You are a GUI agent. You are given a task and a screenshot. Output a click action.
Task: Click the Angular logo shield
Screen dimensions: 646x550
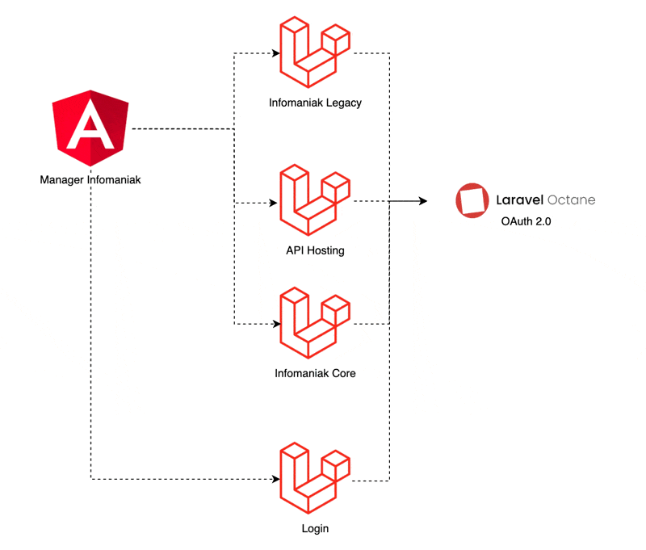click(90, 128)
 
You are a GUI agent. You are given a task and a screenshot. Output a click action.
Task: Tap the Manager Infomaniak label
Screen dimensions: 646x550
click(90, 180)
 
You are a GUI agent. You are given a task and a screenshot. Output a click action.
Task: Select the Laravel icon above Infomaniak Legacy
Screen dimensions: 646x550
click(315, 52)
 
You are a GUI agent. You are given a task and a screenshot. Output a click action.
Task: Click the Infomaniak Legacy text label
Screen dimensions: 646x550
click(315, 103)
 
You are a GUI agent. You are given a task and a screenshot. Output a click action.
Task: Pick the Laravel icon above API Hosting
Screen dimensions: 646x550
click(315, 199)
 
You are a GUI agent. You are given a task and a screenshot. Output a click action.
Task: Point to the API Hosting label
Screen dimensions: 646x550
click(315, 250)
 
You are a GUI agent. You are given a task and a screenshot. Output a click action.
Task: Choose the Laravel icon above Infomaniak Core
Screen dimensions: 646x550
click(315, 322)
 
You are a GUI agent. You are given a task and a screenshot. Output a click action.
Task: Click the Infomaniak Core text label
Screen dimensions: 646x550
click(315, 373)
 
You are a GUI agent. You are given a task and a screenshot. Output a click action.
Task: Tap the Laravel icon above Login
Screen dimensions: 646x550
click(315, 478)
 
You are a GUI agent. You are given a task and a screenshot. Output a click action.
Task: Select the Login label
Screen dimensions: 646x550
click(315, 528)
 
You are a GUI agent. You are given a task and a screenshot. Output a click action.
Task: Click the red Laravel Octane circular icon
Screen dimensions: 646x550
click(472, 200)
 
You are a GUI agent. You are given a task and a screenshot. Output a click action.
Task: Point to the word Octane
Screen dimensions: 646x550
click(572, 199)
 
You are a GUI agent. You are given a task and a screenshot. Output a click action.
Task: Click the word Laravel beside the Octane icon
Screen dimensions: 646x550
click(519, 199)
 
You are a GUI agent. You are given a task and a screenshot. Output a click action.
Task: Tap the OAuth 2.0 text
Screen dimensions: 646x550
click(526, 221)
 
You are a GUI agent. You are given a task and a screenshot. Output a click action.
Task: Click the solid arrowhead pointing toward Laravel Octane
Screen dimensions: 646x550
click(423, 201)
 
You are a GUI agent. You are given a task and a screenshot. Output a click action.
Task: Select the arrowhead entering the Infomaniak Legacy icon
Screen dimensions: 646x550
click(276, 53)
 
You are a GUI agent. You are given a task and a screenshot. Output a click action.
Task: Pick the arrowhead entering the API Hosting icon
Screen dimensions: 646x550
click(273, 203)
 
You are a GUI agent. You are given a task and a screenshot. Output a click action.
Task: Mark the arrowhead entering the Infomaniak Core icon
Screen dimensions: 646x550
click(277, 324)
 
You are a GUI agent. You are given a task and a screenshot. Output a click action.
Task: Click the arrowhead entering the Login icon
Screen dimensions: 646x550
click(276, 479)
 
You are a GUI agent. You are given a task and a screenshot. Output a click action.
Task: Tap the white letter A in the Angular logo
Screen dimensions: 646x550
click(90, 126)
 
